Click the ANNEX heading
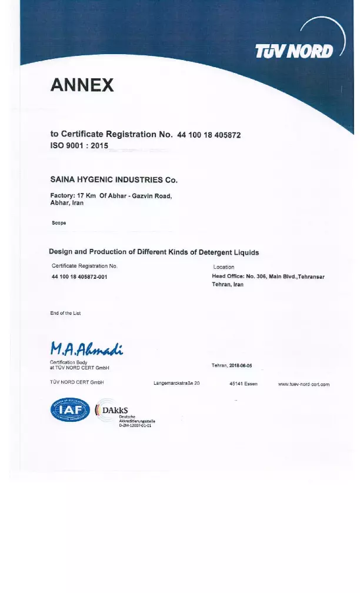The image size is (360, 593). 82,86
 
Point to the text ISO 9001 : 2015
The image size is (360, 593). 79,145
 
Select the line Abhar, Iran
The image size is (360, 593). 67,203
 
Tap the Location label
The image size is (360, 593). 224,267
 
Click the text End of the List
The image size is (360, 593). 65,313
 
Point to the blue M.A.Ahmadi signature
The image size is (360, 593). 86,348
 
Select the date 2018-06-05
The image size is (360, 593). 241,365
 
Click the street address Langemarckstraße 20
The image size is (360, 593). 176,384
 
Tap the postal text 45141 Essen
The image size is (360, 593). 243,384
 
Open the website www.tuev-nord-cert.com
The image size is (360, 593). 304,384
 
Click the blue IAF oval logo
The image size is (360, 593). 69,409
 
